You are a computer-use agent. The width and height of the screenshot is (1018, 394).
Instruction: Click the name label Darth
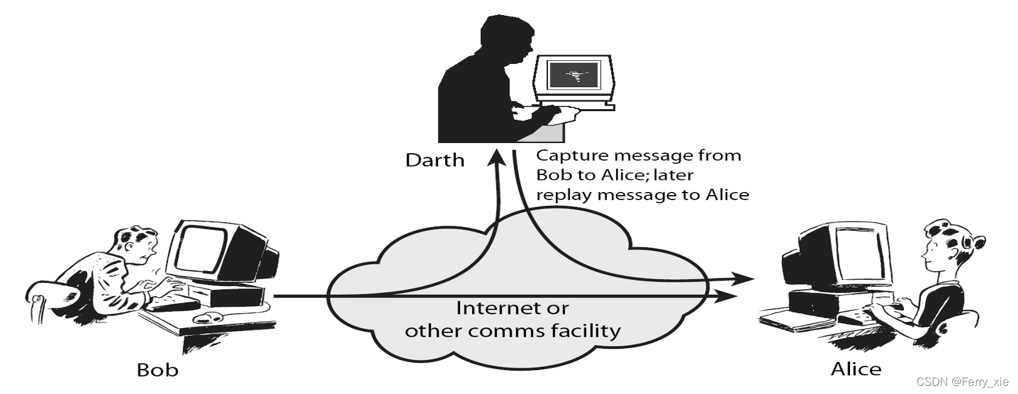434,160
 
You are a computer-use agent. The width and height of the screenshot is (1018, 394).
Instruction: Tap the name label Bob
157,370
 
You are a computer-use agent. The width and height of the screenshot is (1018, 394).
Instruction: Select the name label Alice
856,369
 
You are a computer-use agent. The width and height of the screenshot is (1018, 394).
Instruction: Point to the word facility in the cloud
585,330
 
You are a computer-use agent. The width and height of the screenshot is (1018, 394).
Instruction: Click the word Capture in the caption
572,156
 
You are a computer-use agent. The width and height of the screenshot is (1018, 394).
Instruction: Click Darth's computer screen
572,76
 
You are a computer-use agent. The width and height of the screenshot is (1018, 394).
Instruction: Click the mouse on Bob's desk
207,317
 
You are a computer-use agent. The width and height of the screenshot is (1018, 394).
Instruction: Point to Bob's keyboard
172,304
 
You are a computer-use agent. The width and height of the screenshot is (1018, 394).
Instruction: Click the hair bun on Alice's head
975,242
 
